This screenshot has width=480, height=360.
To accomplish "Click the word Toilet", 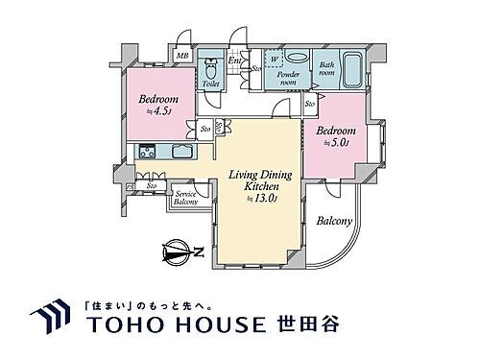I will coord(210,85).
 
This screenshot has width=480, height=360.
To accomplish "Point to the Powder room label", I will coord(288,77).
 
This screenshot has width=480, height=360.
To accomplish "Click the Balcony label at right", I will coord(336,222).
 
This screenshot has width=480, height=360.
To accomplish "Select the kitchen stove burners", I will coord(147,151).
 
